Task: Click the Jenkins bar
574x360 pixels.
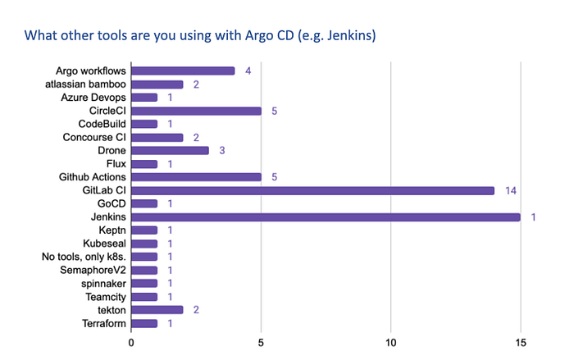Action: pyautogui.click(x=326, y=217)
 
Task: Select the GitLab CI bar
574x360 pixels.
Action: pyautogui.click(x=312, y=191)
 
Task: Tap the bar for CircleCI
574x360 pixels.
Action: pyautogui.click(x=196, y=111)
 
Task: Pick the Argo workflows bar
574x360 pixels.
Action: pyautogui.click(x=183, y=71)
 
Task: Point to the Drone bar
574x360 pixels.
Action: pyautogui.click(x=171, y=151)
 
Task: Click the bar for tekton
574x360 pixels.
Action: pyautogui.click(x=157, y=310)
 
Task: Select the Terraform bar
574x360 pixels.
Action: pyautogui.click(x=144, y=323)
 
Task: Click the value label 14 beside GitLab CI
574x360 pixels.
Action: pyautogui.click(x=511, y=191)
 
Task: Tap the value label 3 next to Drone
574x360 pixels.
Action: pyautogui.click(x=222, y=151)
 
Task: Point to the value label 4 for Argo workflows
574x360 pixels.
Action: pyautogui.click(x=248, y=71)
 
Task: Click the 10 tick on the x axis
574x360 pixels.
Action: pyautogui.click(x=390, y=343)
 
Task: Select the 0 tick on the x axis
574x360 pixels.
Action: pyautogui.click(x=131, y=343)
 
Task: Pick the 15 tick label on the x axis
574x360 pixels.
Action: pyautogui.click(x=521, y=343)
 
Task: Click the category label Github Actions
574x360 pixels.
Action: pyautogui.click(x=92, y=177)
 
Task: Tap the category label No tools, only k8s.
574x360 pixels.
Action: pyautogui.click(x=84, y=257)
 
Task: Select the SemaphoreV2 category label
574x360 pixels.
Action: pyautogui.click(x=93, y=271)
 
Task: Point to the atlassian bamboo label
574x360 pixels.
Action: pyautogui.click(x=85, y=84)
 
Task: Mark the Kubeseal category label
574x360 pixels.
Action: pyautogui.click(x=104, y=244)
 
